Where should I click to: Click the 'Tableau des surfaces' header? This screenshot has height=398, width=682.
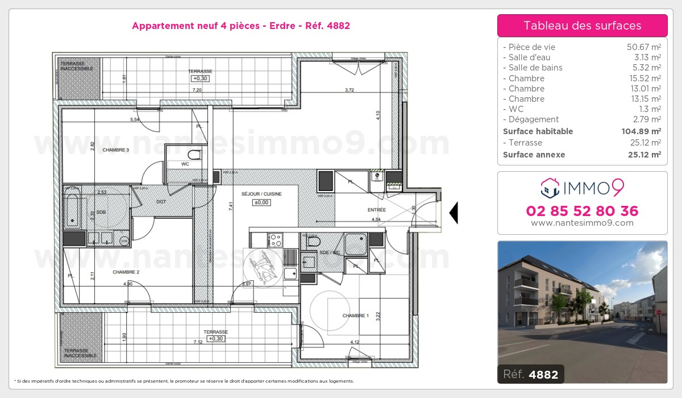pyautogui.click(x=582, y=26)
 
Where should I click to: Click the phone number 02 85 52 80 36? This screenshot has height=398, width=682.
pyautogui.click(x=582, y=211)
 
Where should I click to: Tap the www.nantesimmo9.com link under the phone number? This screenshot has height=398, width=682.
pyautogui.click(x=582, y=223)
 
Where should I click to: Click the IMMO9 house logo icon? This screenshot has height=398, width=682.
pyautogui.click(x=549, y=186)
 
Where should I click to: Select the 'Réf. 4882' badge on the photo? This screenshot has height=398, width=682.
pyautogui.click(x=531, y=374)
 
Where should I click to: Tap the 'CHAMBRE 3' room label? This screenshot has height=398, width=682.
pyautogui.click(x=116, y=150)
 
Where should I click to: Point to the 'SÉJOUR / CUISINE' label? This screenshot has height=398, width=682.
pyautogui.click(x=261, y=194)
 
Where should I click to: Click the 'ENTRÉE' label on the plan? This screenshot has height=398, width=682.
pyautogui.click(x=377, y=210)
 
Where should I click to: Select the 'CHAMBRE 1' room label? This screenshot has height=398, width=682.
pyautogui.click(x=356, y=316)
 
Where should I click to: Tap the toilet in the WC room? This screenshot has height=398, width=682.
pyautogui.click(x=195, y=155)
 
